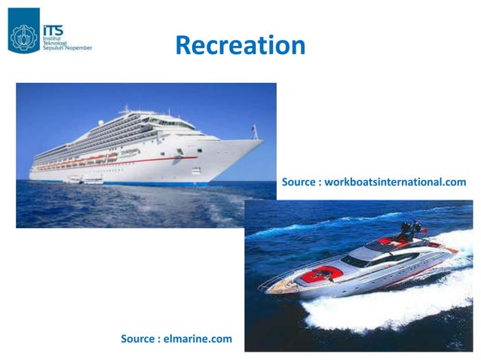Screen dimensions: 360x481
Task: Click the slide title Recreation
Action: coord(240,45)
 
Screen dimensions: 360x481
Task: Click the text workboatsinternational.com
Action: coord(395,182)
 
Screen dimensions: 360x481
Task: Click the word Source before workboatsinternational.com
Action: coord(300,182)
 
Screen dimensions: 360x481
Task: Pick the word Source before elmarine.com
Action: coord(140,339)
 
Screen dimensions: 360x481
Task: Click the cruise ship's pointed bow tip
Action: coord(263,140)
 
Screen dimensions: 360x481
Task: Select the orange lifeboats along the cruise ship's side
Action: coord(90,158)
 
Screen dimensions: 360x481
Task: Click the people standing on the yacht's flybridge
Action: coord(411,227)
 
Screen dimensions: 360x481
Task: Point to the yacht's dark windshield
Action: coord(354,260)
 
